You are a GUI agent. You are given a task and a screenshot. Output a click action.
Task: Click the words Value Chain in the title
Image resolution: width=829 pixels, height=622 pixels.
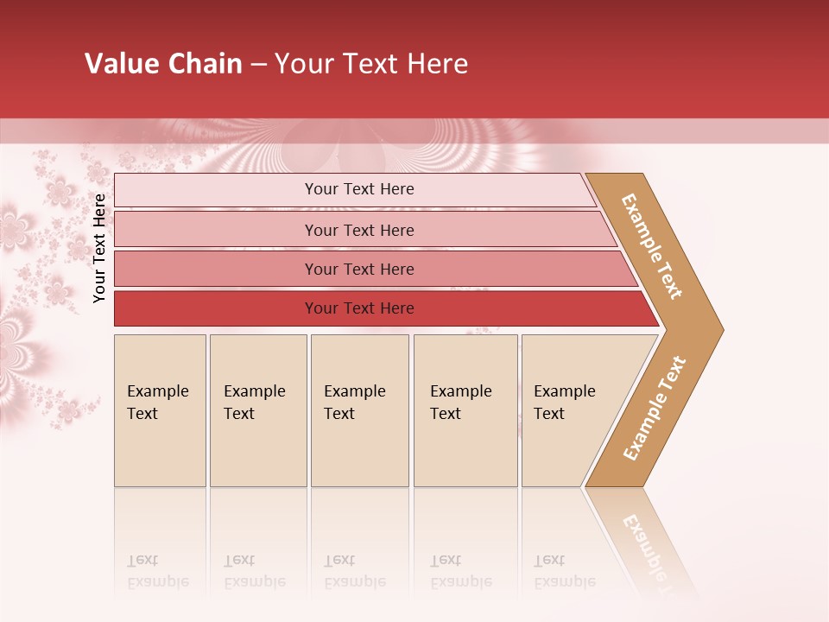coord(163,64)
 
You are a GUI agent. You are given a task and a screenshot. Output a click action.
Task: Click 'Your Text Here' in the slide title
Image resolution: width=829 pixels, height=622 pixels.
coord(371,64)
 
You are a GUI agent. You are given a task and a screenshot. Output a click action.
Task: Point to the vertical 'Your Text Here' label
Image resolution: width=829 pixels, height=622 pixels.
coord(99,249)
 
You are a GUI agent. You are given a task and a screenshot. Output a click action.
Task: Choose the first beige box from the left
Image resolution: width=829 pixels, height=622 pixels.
coord(160,410)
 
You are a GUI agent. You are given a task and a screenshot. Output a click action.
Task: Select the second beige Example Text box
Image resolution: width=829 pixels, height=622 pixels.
coord(258,410)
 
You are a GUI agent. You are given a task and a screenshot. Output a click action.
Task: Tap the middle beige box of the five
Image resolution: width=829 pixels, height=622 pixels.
coord(359,410)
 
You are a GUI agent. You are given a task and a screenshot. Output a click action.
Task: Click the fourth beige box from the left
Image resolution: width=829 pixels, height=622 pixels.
coord(465,410)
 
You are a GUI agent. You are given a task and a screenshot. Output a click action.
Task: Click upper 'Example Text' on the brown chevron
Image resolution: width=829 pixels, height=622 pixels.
coord(652,246)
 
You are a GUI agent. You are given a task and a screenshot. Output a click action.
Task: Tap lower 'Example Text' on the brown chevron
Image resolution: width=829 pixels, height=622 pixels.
coord(655,408)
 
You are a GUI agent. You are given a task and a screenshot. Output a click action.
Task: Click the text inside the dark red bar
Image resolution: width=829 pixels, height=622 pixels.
coord(359,308)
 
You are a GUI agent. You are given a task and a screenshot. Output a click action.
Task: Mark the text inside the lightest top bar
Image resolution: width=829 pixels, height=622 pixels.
coord(359,189)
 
